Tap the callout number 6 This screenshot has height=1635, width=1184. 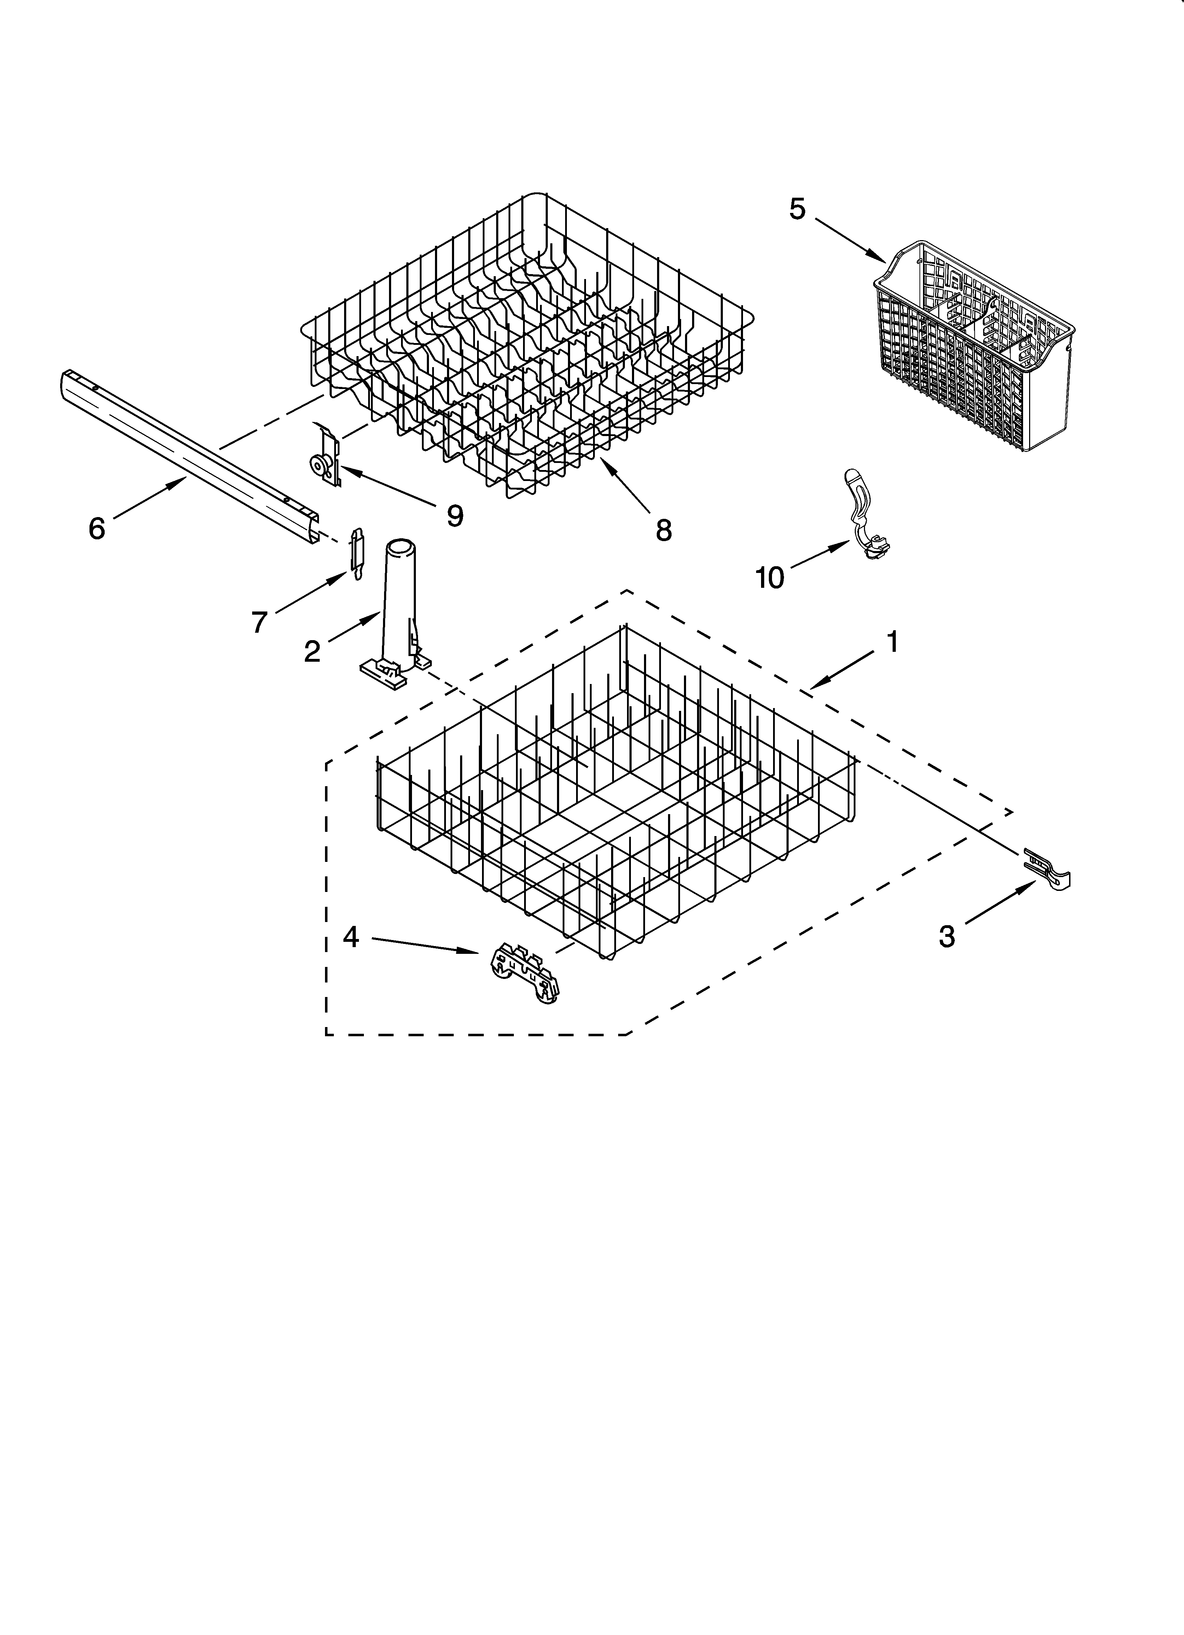pyautogui.click(x=97, y=528)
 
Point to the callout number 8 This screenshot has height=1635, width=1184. pyautogui.click(x=663, y=530)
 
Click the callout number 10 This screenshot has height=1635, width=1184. pyautogui.click(x=770, y=578)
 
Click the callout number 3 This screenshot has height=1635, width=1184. pyautogui.click(x=947, y=937)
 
